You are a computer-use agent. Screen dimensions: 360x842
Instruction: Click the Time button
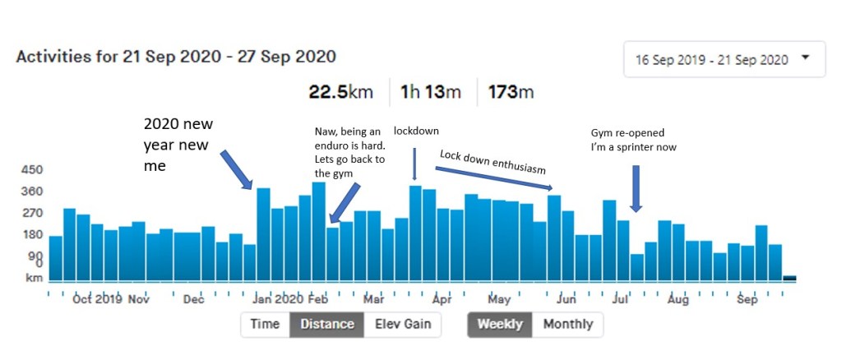point(265,324)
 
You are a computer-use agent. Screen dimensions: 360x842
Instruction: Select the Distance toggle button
point(326,324)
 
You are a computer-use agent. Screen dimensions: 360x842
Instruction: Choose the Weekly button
point(500,324)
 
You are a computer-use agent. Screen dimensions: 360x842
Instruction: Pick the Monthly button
point(567,324)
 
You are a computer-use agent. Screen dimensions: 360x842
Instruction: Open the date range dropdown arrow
point(805,58)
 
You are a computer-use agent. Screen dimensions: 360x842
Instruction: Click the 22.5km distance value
point(340,91)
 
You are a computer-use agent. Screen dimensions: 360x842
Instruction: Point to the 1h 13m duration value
point(430,91)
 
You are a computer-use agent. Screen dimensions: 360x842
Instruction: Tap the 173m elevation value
point(511,91)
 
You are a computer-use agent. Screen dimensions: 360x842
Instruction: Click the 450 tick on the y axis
point(32,170)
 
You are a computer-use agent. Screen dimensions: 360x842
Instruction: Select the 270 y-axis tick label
point(32,213)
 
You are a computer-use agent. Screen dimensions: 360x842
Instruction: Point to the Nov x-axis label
point(137,299)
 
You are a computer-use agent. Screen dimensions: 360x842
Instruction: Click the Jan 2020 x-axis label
point(278,299)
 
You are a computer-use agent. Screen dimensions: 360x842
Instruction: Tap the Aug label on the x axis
point(678,299)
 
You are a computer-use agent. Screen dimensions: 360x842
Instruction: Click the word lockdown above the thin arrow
point(415,131)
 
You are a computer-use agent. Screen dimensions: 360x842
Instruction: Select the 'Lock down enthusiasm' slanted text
point(493,161)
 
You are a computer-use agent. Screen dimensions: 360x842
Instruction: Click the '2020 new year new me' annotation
point(178,145)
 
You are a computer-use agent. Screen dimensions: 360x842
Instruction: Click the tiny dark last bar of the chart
point(789,279)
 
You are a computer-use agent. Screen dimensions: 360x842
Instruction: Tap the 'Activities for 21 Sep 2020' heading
point(176,57)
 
